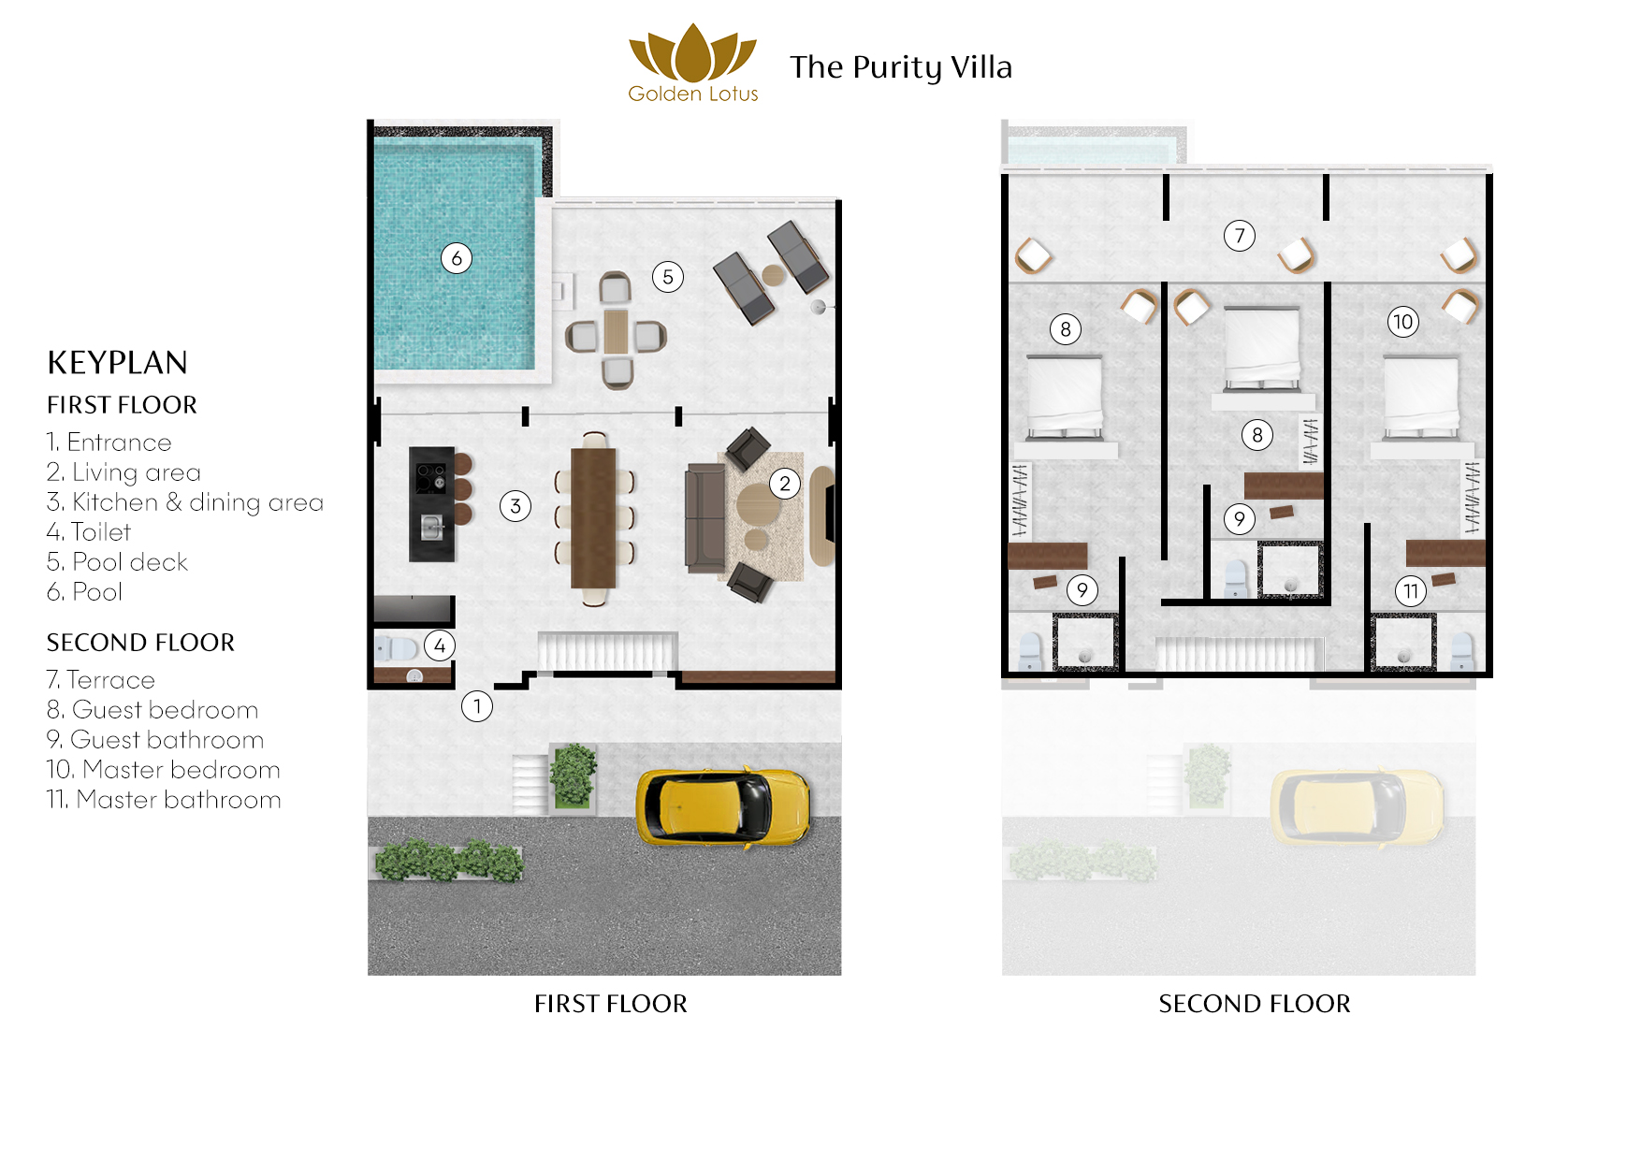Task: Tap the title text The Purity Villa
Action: point(900,67)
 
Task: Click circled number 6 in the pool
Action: point(457,258)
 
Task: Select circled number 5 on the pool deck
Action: point(668,277)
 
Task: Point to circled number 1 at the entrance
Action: point(477,706)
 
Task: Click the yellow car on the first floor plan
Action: point(722,807)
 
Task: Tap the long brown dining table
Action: point(593,517)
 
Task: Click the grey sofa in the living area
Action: point(704,517)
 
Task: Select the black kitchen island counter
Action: point(431,504)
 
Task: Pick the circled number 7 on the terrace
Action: point(1240,236)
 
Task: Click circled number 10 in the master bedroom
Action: point(1403,323)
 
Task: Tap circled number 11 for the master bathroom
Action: point(1411,591)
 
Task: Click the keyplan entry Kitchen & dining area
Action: point(185,502)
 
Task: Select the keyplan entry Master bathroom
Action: point(164,800)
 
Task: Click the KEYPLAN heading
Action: point(118,363)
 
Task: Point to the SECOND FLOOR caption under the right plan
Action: point(1254,1004)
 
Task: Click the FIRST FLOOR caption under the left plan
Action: point(610,1004)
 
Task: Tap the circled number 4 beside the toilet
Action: point(440,645)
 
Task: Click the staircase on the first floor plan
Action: point(607,651)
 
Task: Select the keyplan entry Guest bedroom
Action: point(152,710)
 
